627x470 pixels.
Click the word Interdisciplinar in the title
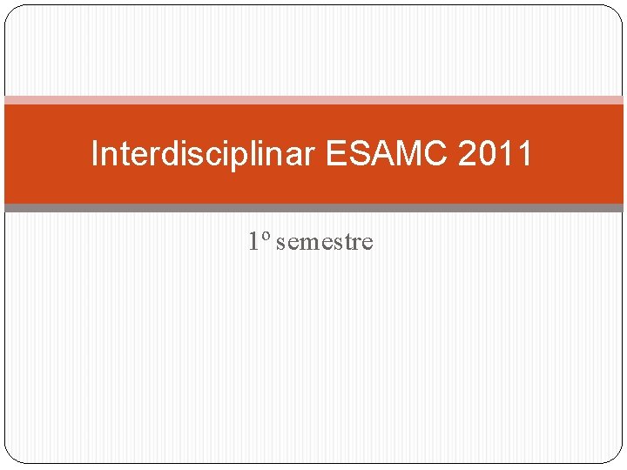pos(205,154)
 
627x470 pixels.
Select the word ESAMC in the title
pos(386,154)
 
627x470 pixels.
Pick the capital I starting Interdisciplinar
pos(95,154)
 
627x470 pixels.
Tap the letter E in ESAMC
pos(337,154)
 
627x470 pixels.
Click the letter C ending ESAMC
pos(434,154)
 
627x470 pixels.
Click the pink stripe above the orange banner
pos(313,100)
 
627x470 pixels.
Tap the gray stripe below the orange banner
pos(313,208)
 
